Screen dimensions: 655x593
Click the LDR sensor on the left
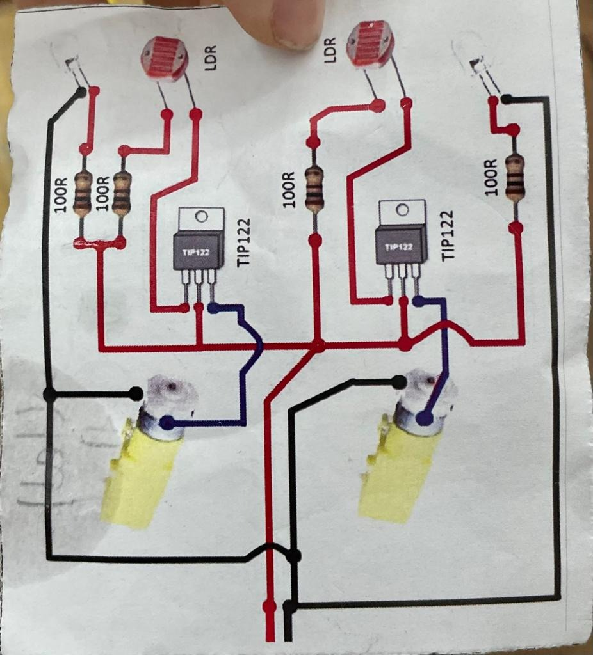[165, 58]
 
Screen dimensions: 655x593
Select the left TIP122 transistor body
[199, 250]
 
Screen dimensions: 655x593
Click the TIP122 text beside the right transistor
[448, 235]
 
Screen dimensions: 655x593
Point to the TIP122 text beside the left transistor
[244, 244]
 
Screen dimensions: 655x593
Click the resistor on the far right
[515, 178]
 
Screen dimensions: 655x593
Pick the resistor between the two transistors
[314, 189]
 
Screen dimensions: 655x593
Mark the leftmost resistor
[83, 194]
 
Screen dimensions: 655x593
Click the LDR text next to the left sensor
[212, 57]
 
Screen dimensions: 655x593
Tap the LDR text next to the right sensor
[330, 48]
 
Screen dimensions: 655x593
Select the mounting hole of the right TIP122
[402, 210]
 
